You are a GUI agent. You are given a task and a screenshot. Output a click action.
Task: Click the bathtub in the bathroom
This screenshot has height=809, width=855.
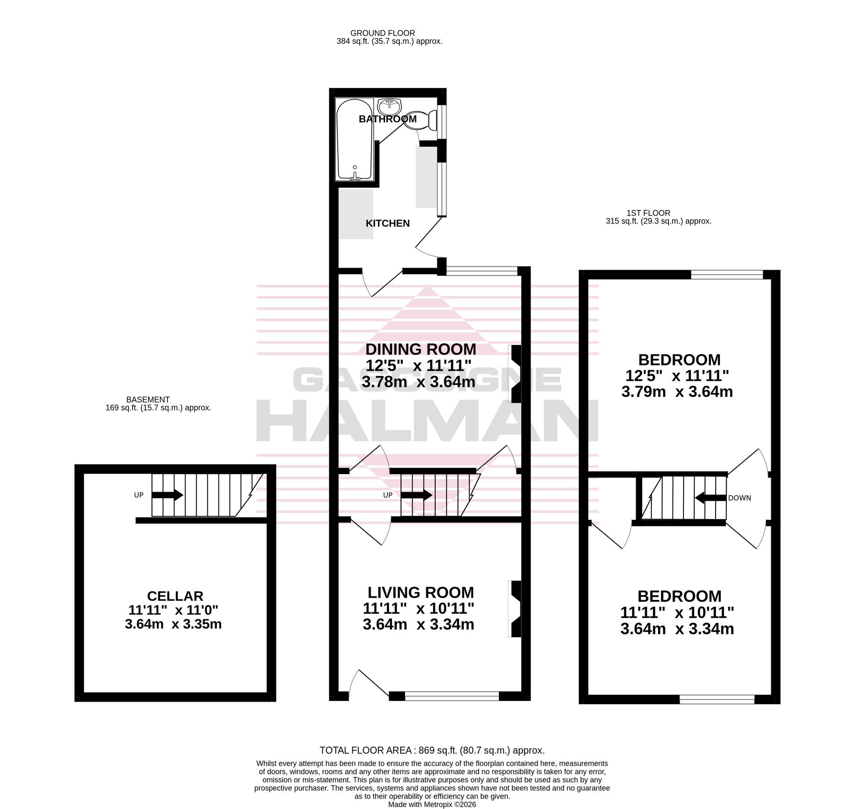pyautogui.click(x=355, y=140)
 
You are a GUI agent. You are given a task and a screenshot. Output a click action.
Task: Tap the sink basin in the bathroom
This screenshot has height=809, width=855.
pyautogui.click(x=389, y=106)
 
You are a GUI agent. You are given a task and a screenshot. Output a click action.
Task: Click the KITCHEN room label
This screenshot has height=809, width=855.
pyautogui.click(x=388, y=223)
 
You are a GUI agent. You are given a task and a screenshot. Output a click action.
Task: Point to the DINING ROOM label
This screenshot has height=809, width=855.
pyautogui.click(x=421, y=349)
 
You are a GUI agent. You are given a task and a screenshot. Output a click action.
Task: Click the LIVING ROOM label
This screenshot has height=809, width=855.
pyautogui.click(x=420, y=592)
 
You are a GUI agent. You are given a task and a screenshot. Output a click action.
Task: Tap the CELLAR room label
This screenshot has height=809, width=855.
pyautogui.click(x=175, y=596)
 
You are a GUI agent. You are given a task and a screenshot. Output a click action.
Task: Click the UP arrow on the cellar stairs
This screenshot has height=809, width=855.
pyautogui.click(x=167, y=495)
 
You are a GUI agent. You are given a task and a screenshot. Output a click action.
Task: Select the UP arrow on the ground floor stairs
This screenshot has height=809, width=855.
pyautogui.click(x=416, y=495)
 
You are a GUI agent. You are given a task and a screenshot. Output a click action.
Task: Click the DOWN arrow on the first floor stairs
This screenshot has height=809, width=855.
pyautogui.click(x=710, y=498)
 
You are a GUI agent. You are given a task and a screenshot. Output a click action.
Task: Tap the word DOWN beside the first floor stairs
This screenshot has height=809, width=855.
pyautogui.click(x=740, y=498)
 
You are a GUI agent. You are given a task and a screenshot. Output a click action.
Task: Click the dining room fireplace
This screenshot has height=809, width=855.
pyautogui.click(x=515, y=373)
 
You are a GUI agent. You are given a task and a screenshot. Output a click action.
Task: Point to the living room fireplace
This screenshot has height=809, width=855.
pyautogui.click(x=515, y=609)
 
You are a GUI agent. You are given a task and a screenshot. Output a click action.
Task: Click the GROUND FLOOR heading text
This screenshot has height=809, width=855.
pyautogui.click(x=383, y=33)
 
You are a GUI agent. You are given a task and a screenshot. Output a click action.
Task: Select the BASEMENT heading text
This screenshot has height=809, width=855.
pyautogui.click(x=148, y=400)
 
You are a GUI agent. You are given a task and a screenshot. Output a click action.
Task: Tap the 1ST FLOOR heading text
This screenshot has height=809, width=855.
pyautogui.click(x=648, y=213)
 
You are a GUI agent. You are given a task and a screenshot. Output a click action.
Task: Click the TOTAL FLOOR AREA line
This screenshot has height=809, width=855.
pyautogui.click(x=432, y=750)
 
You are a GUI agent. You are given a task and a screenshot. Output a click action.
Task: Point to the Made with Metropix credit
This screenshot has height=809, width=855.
pyautogui.click(x=432, y=805)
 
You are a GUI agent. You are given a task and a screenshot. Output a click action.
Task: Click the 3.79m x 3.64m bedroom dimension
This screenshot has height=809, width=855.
pyautogui.click(x=677, y=392)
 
